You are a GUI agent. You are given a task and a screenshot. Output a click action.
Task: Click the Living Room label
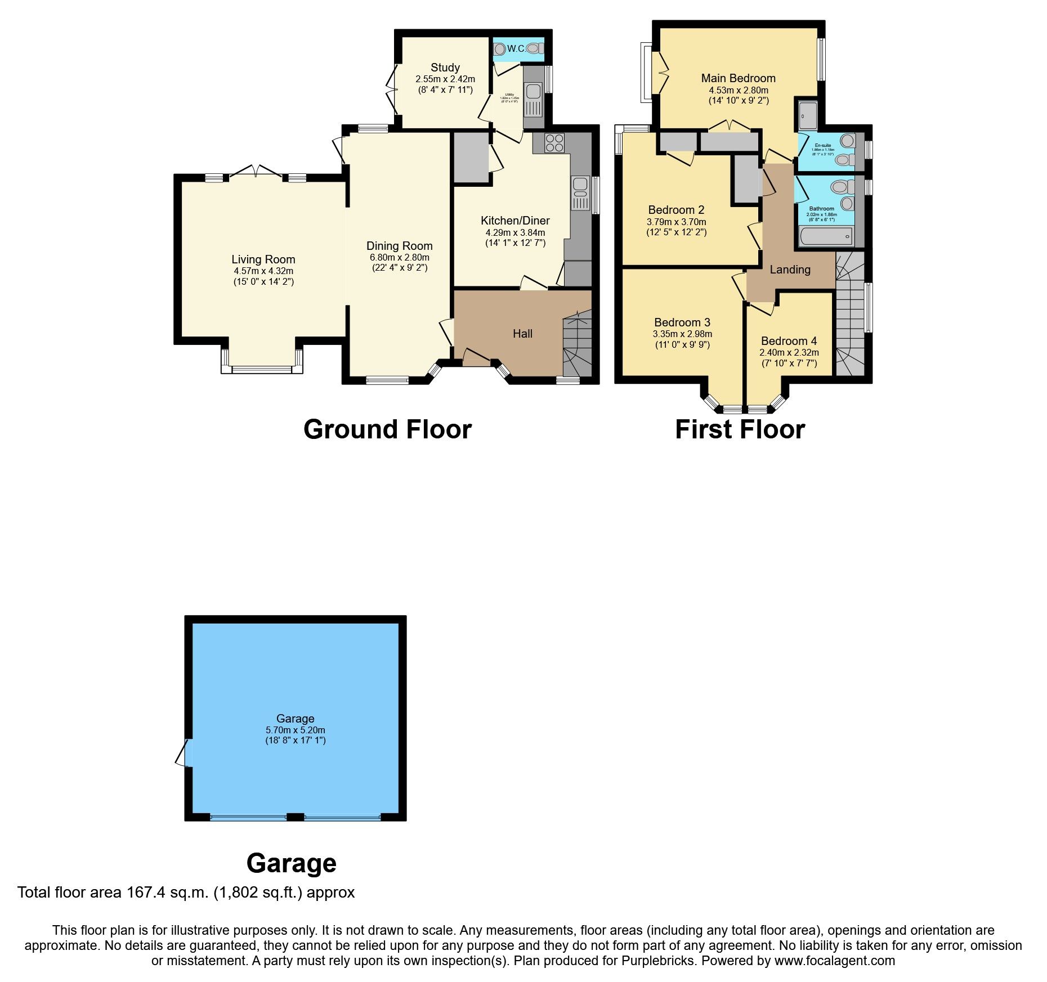coord(263,259)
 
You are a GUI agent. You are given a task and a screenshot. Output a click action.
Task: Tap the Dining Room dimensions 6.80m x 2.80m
coord(399,257)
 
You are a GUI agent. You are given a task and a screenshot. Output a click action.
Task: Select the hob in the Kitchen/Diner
coord(554,142)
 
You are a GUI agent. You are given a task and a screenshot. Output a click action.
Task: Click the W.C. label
coord(516,49)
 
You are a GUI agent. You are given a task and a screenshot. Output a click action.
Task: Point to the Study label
coord(445,68)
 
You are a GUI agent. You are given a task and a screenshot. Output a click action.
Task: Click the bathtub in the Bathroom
coord(826,237)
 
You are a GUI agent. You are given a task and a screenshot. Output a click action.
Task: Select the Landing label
coord(790,270)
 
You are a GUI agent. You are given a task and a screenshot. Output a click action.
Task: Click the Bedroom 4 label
coord(789,341)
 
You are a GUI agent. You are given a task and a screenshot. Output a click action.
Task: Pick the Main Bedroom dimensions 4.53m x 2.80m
coord(738,90)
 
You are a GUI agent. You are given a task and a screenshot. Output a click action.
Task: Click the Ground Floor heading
coord(387,429)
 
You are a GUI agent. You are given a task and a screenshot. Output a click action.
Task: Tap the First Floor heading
coord(739,429)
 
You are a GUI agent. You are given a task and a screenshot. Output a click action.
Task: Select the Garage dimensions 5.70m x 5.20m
coord(295,730)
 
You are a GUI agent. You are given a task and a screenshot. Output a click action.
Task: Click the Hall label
coord(522,334)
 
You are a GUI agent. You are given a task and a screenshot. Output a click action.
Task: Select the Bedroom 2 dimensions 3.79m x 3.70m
coord(676,222)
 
